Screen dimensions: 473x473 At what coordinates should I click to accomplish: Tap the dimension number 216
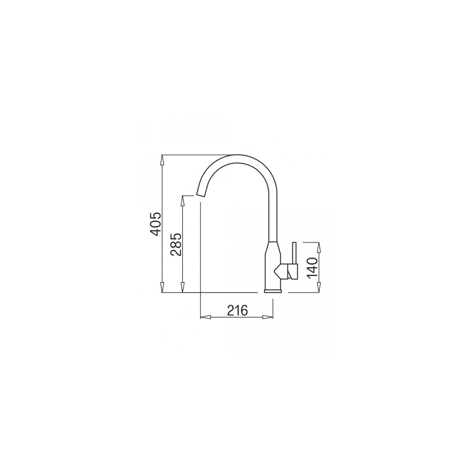pyautogui.click(x=237, y=311)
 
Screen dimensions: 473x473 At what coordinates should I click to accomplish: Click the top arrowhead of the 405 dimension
pyautogui.click(x=162, y=160)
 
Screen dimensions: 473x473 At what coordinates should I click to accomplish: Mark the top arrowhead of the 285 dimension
pyautogui.click(x=182, y=201)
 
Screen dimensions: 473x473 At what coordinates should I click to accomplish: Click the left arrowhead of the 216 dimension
pyautogui.click(x=206, y=317)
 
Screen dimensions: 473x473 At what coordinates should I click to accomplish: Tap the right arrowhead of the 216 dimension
pyautogui.click(x=268, y=317)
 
